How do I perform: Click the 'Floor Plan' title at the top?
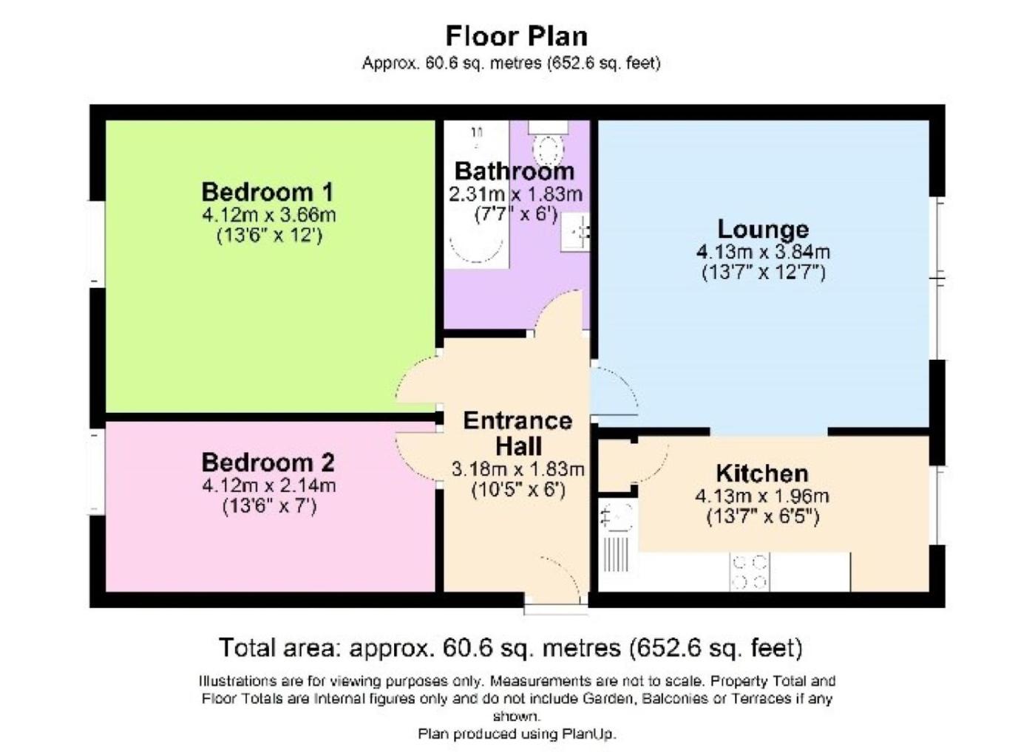pyautogui.click(x=516, y=36)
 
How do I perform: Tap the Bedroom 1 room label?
pyautogui.click(x=268, y=192)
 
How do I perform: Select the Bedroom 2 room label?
pyautogui.click(x=268, y=462)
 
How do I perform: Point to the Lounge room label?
pyautogui.click(x=763, y=230)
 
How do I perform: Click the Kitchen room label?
pyautogui.click(x=762, y=474)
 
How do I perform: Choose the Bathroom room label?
pyautogui.click(x=515, y=171)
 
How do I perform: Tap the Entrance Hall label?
pyautogui.click(x=517, y=434)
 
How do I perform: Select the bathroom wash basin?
pyautogui.click(x=575, y=233)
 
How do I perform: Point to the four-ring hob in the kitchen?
pyautogui.click(x=750, y=572)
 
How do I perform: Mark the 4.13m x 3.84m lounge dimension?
pyautogui.click(x=763, y=252)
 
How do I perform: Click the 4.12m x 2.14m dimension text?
pyautogui.click(x=268, y=485)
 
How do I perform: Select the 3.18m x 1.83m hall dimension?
pyautogui.click(x=517, y=470)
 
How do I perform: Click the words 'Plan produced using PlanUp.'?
pyautogui.click(x=517, y=734)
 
